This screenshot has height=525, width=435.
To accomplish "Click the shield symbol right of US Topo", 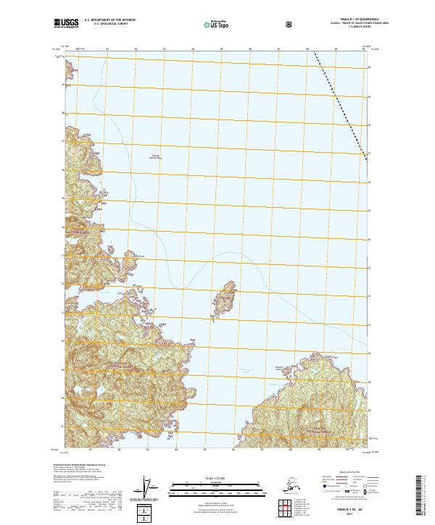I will [x=249, y=25].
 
